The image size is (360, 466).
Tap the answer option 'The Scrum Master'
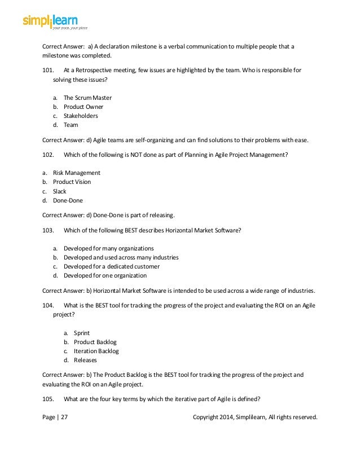click(87, 98)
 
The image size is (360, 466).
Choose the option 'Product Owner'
click(84, 107)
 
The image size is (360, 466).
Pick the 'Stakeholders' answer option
click(81, 116)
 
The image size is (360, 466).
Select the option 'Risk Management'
click(77, 173)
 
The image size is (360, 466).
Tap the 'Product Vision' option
click(72, 182)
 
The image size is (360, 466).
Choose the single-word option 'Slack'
click(60, 191)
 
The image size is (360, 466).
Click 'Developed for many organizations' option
click(108, 248)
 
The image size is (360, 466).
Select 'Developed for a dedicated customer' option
click(112, 266)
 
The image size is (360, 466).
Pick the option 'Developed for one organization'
click(105, 275)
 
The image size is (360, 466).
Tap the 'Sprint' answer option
click(82, 333)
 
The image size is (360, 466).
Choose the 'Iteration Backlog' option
click(96, 351)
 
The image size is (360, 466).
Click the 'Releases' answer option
click(85, 360)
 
